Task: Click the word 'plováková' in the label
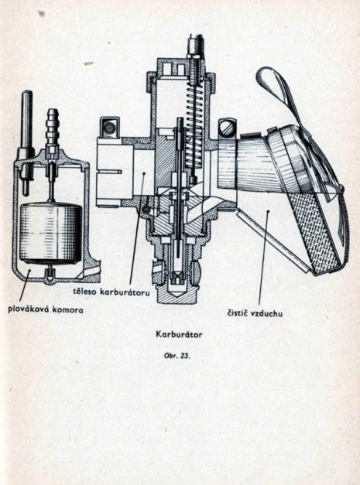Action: coord(28,309)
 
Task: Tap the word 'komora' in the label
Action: coord(67,309)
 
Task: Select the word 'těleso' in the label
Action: coord(85,292)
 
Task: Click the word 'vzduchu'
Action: coord(268,313)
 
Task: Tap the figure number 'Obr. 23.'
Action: coord(177,356)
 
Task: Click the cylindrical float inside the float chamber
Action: coord(50,234)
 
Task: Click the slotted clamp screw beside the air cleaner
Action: coord(227,128)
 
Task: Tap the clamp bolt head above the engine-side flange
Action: coord(110,127)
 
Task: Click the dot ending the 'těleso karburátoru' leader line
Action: coord(144,174)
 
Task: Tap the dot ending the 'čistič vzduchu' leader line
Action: coord(269,211)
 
